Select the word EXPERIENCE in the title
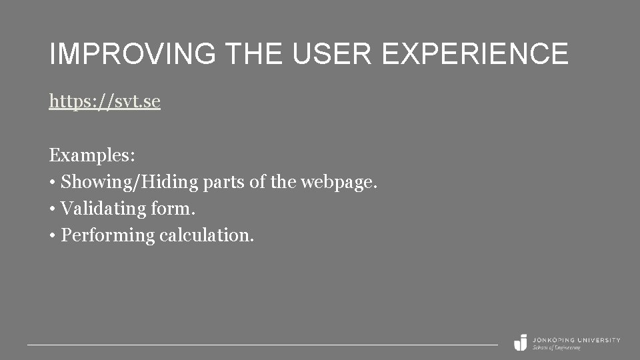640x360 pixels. click(476, 54)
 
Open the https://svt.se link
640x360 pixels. click(105, 102)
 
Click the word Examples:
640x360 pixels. click(92, 155)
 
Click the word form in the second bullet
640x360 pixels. click(173, 209)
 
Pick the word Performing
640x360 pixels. click(107, 235)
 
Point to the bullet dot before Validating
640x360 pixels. click(52, 209)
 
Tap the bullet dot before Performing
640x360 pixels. click(52, 236)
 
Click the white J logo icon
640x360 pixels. click(521, 342)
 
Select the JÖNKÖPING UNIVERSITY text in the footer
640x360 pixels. click(576, 339)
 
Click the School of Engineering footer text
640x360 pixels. click(556, 347)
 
